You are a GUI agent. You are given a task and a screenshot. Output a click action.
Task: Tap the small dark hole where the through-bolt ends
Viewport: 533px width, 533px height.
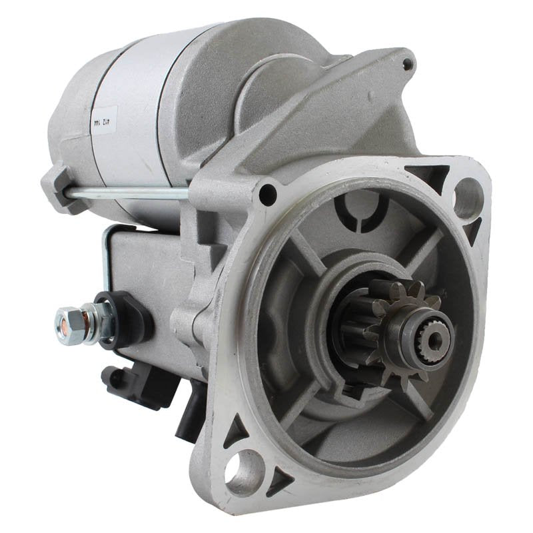point(268,196)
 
